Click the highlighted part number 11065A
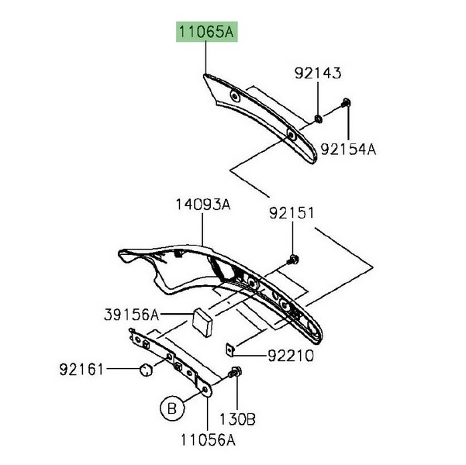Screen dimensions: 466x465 point(206,32)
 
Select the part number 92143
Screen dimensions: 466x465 point(318,73)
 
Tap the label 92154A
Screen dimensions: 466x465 point(348,150)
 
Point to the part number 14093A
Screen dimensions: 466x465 point(203,205)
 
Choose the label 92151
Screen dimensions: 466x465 point(292,213)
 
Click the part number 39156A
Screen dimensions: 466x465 point(132,315)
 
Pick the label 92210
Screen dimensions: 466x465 point(291,356)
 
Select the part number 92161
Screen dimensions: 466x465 point(81,370)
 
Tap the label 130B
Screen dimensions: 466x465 point(237,419)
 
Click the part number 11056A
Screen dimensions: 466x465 point(208,440)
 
